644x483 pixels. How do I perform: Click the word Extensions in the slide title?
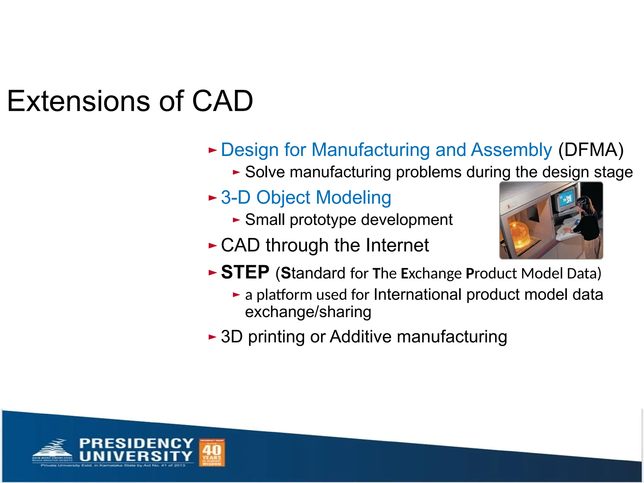click(79, 101)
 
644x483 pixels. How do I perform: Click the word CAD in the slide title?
click(222, 101)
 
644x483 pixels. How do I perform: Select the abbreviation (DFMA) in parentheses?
click(591, 150)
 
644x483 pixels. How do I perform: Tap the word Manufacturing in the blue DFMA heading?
click(370, 150)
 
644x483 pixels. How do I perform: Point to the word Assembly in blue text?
click(511, 150)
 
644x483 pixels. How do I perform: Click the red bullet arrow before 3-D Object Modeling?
click(213, 198)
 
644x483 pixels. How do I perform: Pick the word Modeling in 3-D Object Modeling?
click(353, 197)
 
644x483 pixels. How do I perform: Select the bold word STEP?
click(245, 272)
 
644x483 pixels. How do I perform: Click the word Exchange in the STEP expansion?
click(431, 273)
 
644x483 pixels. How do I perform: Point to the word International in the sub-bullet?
click(418, 295)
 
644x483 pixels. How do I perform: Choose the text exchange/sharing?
click(308, 312)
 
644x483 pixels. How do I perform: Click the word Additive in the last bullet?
click(361, 337)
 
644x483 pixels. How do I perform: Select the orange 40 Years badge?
click(212, 453)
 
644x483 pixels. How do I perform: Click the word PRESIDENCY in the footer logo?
click(136, 444)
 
